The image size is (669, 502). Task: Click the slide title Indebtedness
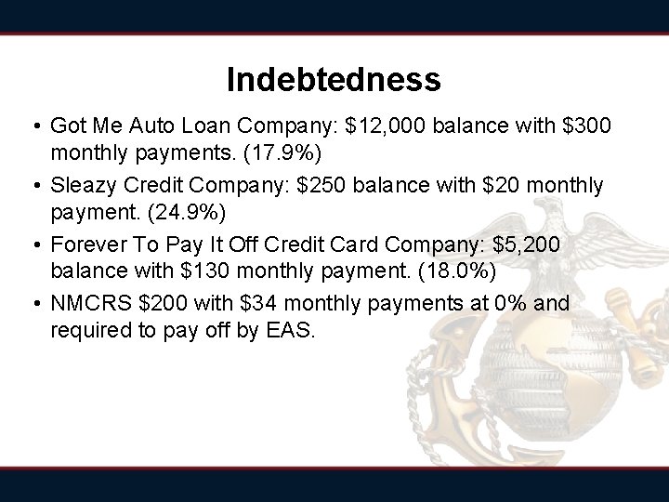(x=334, y=80)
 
